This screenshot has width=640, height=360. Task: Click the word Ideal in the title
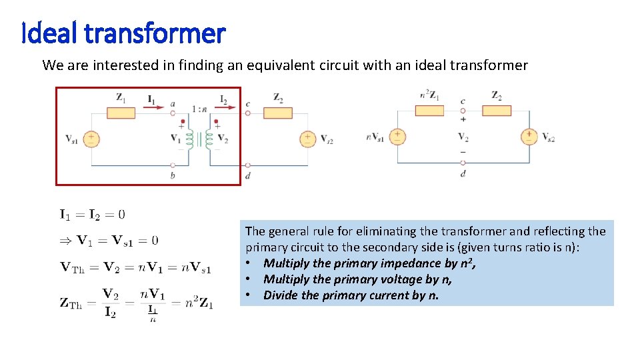pos(46,32)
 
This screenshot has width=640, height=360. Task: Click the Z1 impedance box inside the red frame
pos(121,112)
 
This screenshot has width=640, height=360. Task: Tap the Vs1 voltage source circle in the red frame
pos(91,139)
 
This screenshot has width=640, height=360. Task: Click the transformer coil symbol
pos(199,139)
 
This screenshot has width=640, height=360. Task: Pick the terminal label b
pos(173,175)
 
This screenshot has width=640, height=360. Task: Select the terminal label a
pos(173,103)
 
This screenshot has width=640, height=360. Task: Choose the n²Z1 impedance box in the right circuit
pos(429,110)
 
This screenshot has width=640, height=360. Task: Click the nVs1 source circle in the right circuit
pos(397,137)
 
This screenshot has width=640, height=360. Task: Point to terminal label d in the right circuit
pos(463,174)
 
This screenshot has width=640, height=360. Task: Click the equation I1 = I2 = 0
pos(92,214)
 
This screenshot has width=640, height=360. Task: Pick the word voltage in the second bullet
pos(399,279)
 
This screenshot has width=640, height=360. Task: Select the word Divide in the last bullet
pos(281,295)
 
